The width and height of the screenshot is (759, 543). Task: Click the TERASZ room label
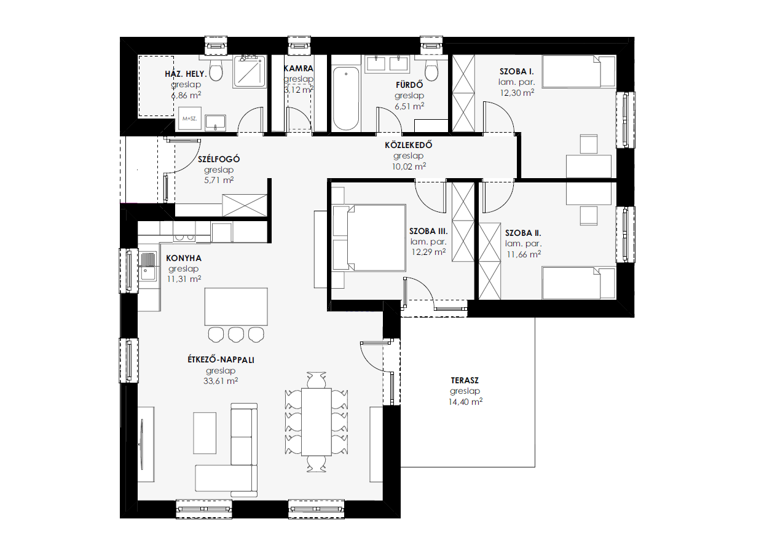tap(465, 380)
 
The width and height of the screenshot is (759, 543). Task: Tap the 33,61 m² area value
tap(221, 381)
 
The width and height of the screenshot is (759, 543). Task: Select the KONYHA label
tap(184, 258)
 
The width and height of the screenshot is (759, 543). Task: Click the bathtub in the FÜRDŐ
tap(346, 98)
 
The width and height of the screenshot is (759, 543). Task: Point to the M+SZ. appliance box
tap(190, 118)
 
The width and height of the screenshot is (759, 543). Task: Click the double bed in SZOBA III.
tap(369, 238)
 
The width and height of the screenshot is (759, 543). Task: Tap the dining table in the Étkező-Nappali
tap(316, 422)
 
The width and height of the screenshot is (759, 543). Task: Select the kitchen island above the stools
tap(236, 307)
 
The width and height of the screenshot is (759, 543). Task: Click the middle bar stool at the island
tap(236, 335)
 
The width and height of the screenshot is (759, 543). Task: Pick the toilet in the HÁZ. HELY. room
tap(216, 70)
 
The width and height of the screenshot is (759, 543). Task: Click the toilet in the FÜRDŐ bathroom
tap(431, 70)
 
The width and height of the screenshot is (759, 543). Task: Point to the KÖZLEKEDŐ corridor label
tap(408, 145)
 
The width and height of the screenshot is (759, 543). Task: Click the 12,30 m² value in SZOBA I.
tap(517, 93)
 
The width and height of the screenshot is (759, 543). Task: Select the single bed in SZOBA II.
tap(578, 283)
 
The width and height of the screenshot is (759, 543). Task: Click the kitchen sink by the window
tap(147, 267)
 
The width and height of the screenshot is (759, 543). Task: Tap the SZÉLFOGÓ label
tap(219, 159)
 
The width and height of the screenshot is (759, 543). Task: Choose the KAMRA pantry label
tap(299, 68)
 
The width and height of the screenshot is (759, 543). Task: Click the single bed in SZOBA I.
tap(578, 71)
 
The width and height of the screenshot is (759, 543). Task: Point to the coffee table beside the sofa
tap(205, 432)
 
